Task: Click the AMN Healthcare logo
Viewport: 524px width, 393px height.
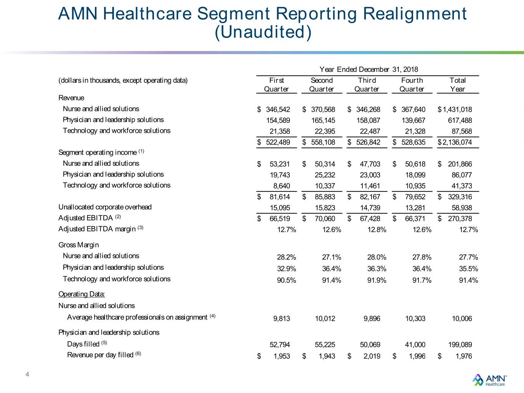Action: pyautogui.click(x=489, y=380)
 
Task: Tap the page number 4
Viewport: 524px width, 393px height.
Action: pyautogui.click(x=27, y=374)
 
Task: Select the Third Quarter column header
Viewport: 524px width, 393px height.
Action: pyautogui.click(x=367, y=85)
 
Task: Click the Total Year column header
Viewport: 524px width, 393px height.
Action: pyautogui.click(x=457, y=85)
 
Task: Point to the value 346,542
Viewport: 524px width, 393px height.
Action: pyautogui.click(x=278, y=109)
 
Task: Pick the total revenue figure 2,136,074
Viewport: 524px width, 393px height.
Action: pyautogui.click(x=457, y=142)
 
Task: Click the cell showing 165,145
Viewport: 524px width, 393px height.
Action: pyautogui.click(x=323, y=120)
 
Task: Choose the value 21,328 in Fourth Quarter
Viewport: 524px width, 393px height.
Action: pyautogui.click(x=415, y=131)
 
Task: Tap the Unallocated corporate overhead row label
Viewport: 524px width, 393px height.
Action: pyautogui.click(x=105, y=207)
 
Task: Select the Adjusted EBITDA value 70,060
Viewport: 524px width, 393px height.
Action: pyautogui.click(x=325, y=219)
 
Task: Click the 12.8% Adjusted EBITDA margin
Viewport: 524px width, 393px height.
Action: pyautogui.click(x=377, y=230)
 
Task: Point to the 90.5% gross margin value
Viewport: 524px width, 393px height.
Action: pyautogui.click(x=286, y=280)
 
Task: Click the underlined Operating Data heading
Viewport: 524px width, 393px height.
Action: pyautogui.click(x=82, y=294)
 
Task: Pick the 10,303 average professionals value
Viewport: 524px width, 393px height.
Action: pyautogui.click(x=415, y=319)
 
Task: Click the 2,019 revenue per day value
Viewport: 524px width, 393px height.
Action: pyautogui.click(x=372, y=356)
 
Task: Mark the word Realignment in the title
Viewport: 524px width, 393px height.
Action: pyautogui.click(x=415, y=14)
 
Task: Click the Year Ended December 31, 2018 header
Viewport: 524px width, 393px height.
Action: pyautogui.click(x=369, y=69)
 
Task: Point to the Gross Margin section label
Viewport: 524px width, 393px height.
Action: pyautogui.click(x=78, y=245)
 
